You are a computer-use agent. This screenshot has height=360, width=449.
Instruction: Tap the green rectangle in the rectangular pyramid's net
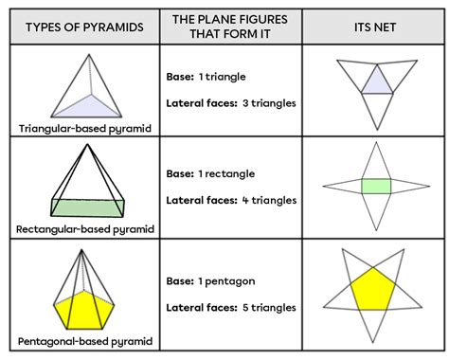[x=376, y=186]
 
